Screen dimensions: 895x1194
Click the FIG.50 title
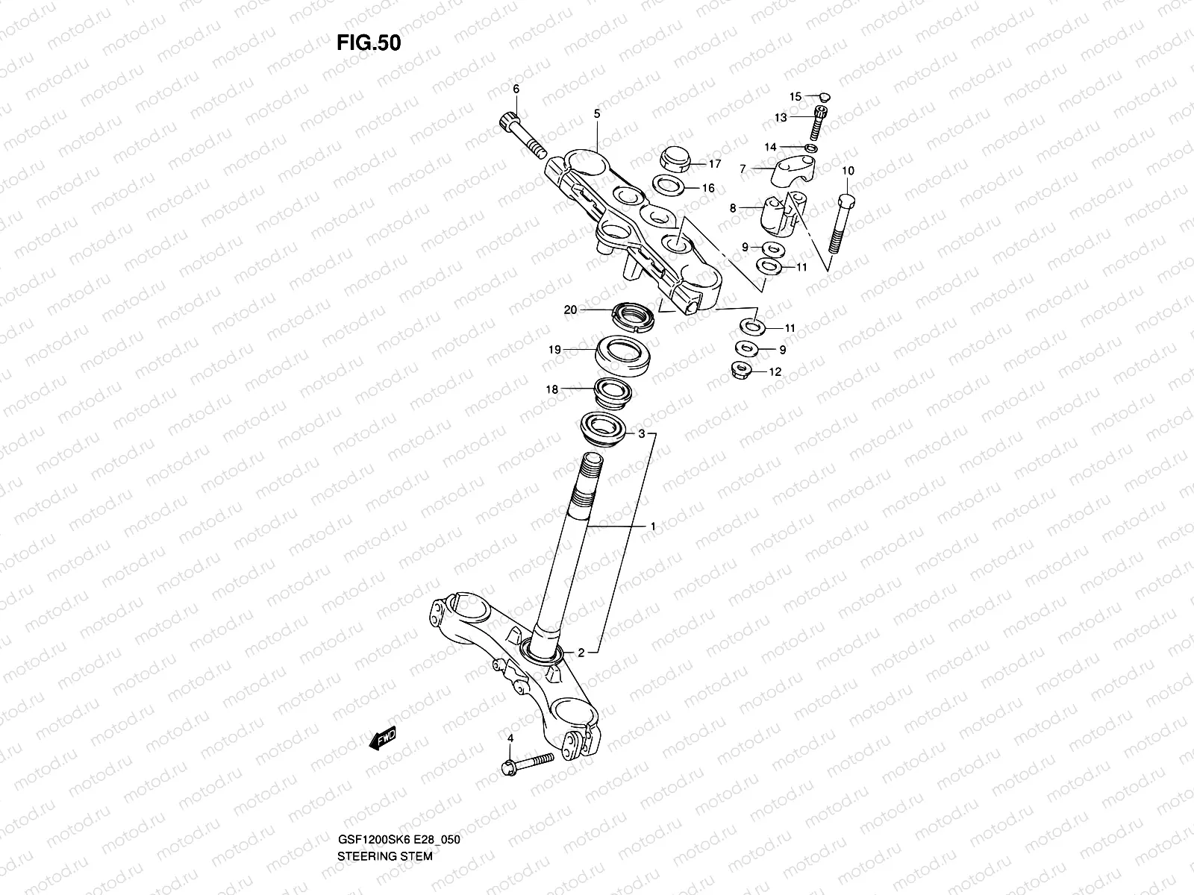pos(369,43)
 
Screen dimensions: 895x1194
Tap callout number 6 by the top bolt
pos(515,89)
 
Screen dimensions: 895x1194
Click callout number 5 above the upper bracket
pos(596,113)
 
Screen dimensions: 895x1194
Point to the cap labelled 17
pos(674,158)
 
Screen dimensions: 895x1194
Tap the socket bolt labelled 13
pos(821,122)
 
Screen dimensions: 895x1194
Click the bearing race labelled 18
pos(613,392)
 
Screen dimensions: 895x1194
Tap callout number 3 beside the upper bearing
pos(640,433)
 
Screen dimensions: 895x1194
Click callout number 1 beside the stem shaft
pos(653,527)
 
